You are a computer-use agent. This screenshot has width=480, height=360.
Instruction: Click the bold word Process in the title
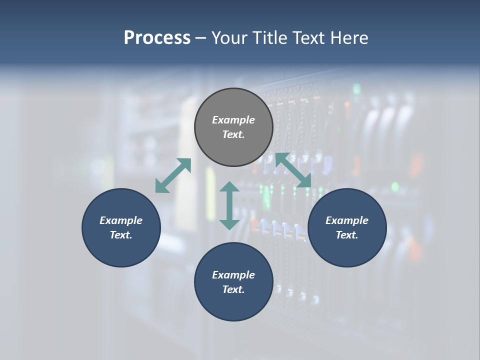click(157, 38)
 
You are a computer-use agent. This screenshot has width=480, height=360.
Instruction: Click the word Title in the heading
click(268, 38)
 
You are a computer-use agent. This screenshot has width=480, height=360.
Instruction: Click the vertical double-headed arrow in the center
click(229, 205)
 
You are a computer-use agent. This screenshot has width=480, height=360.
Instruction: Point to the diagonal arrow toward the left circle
click(173, 175)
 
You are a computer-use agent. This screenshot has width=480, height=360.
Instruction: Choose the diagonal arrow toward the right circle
click(293, 170)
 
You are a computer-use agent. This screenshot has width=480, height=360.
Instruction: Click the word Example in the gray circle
click(233, 120)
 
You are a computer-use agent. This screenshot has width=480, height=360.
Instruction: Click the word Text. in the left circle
click(121, 235)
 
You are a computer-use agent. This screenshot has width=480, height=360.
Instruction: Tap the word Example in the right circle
click(347, 220)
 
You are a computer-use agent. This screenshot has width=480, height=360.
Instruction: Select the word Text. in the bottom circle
click(233, 289)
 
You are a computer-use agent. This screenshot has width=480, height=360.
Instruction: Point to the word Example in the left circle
click(121, 220)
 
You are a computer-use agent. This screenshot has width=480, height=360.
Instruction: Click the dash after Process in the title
click(200, 38)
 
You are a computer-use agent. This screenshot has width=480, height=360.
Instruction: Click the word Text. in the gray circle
click(233, 134)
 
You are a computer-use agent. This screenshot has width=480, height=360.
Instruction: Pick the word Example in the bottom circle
click(233, 275)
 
